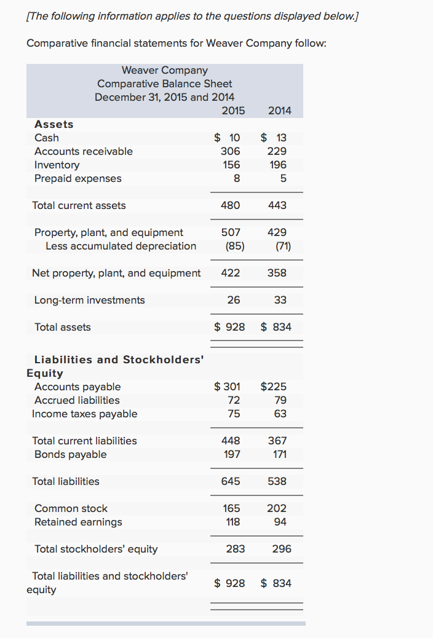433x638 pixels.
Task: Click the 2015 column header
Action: pyautogui.click(x=233, y=111)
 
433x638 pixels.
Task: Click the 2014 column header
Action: pyautogui.click(x=280, y=111)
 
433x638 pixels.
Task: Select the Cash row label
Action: pyautogui.click(x=47, y=138)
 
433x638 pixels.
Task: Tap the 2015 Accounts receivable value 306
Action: pyautogui.click(x=231, y=151)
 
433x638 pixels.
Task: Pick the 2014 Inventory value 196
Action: pyautogui.click(x=278, y=165)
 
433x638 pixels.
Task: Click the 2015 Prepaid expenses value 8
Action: pyautogui.click(x=236, y=178)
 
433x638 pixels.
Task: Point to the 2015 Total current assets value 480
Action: pyautogui.click(x=231, y=205)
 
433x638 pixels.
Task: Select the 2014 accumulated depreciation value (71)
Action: pyautogui.click(x=279, y=246)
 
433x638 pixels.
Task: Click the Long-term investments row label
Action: pyautogui.click(x=90, y=300)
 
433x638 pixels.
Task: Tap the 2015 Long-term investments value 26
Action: pyautogui.click(x=234, y=300)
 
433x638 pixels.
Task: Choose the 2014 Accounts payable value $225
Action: pyautogui.click(x=274, y=387)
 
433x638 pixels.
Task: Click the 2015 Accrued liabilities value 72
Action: pyautogui.click(x=234, y=400)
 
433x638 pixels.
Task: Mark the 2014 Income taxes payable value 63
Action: pyautogui.click(x=280, y=414)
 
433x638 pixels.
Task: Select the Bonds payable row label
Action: pyautogui.click(x=70, y=454)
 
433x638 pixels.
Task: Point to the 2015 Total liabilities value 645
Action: pyautogui.click(x=231, y=481)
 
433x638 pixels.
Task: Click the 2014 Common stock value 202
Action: pyautogui.click(x=277, y=508)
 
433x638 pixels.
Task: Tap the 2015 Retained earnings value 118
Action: pyautogui.click(x=233, y=522)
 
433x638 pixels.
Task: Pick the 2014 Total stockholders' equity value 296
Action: pyautogui.click(x=282, y=549)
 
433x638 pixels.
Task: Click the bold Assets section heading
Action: pyautogui.click(x=54, y=124)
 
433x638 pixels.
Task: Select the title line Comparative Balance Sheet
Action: pyautogui.click(x=165, y=84)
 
